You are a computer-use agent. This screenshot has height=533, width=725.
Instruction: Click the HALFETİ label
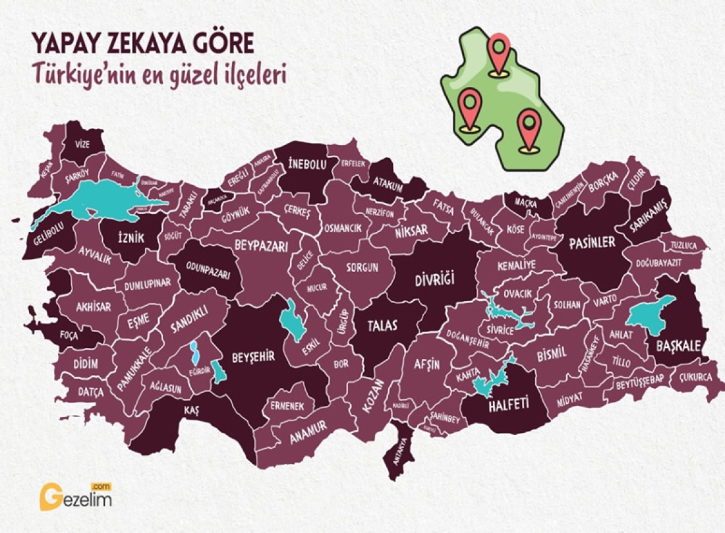coord(508,407)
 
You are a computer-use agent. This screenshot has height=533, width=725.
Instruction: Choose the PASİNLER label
coord(592,242)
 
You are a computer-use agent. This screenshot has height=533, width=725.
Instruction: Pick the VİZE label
coord(82,144)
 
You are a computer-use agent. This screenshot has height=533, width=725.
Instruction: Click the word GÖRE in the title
coord(221,44)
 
